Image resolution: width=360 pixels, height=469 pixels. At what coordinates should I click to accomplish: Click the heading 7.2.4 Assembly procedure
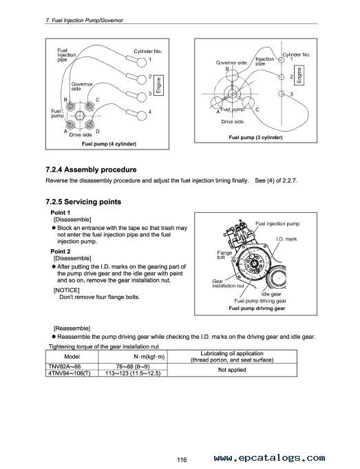(91, 169)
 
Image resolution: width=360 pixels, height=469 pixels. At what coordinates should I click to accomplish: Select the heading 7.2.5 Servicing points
(83, 202)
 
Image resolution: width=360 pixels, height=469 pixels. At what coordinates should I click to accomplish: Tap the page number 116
(182, 460)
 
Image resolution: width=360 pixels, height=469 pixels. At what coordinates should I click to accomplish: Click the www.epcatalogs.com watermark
(269, 457)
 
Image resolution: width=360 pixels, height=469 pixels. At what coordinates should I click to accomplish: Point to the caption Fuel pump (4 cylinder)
(109, 144)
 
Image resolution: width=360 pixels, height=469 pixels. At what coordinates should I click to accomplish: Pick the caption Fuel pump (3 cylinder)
(255, 137)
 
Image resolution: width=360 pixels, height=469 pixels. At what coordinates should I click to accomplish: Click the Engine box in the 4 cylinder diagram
(158, 85)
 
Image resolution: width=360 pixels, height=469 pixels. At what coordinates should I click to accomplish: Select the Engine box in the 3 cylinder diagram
(299, 75)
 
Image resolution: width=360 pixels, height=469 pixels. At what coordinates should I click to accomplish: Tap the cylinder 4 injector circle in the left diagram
(142, 115)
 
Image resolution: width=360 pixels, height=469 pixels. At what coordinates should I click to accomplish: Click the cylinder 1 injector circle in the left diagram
(141, 62)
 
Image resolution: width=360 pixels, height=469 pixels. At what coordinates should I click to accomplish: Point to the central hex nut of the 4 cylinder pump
(79, 116)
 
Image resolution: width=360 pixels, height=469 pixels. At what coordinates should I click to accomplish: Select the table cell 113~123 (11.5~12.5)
(133, 373)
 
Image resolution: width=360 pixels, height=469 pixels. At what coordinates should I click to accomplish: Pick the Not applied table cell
(232, 370)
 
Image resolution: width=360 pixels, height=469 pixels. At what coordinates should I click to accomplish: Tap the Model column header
(72, 357)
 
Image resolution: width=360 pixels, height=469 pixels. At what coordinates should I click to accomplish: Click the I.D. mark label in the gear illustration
(287, 239)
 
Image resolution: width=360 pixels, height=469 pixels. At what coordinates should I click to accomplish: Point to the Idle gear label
(271, 294)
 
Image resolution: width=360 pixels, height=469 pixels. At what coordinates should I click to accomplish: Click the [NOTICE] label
(66, 290)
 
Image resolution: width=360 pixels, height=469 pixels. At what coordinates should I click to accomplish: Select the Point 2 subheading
(61, 251)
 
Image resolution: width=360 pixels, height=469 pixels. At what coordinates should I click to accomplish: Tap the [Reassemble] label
(72, 329)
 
